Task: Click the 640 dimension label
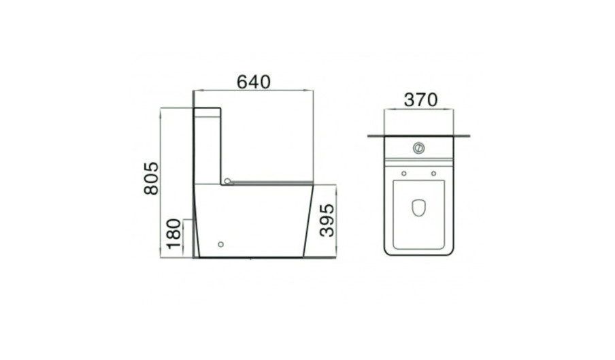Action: tap(253, 82)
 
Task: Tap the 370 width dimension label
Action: tap(420, 100)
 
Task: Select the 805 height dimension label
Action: tap(152, 178)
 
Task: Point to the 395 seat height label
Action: tap(327, 220)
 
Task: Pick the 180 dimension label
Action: tap(173, 234)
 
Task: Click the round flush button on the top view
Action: tap(418, 148)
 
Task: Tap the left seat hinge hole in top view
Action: tap(404, 174)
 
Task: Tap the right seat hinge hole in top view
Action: tap(433, 174)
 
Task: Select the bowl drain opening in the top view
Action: tap(418, 208)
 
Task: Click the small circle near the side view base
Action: tap(220, 244)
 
